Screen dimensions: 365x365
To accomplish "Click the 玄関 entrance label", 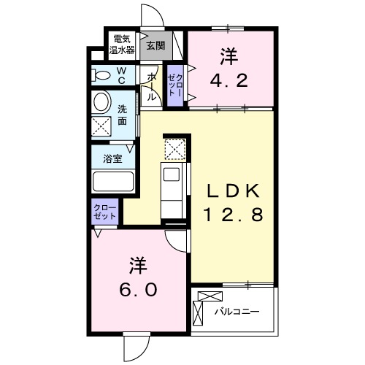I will [x=155, y=45].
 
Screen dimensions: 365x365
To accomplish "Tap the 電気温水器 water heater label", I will [x=122, y=45].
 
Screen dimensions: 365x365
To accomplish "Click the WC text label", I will [x=121, y=75].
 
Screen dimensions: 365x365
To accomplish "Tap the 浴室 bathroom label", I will [x=112, y=158].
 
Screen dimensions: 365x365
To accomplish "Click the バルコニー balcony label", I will [x=237, y=312].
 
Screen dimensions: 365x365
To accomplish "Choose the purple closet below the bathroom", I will [x=101, y=213].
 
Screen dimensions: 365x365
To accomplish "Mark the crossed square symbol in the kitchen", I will [x=174, y=150].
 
